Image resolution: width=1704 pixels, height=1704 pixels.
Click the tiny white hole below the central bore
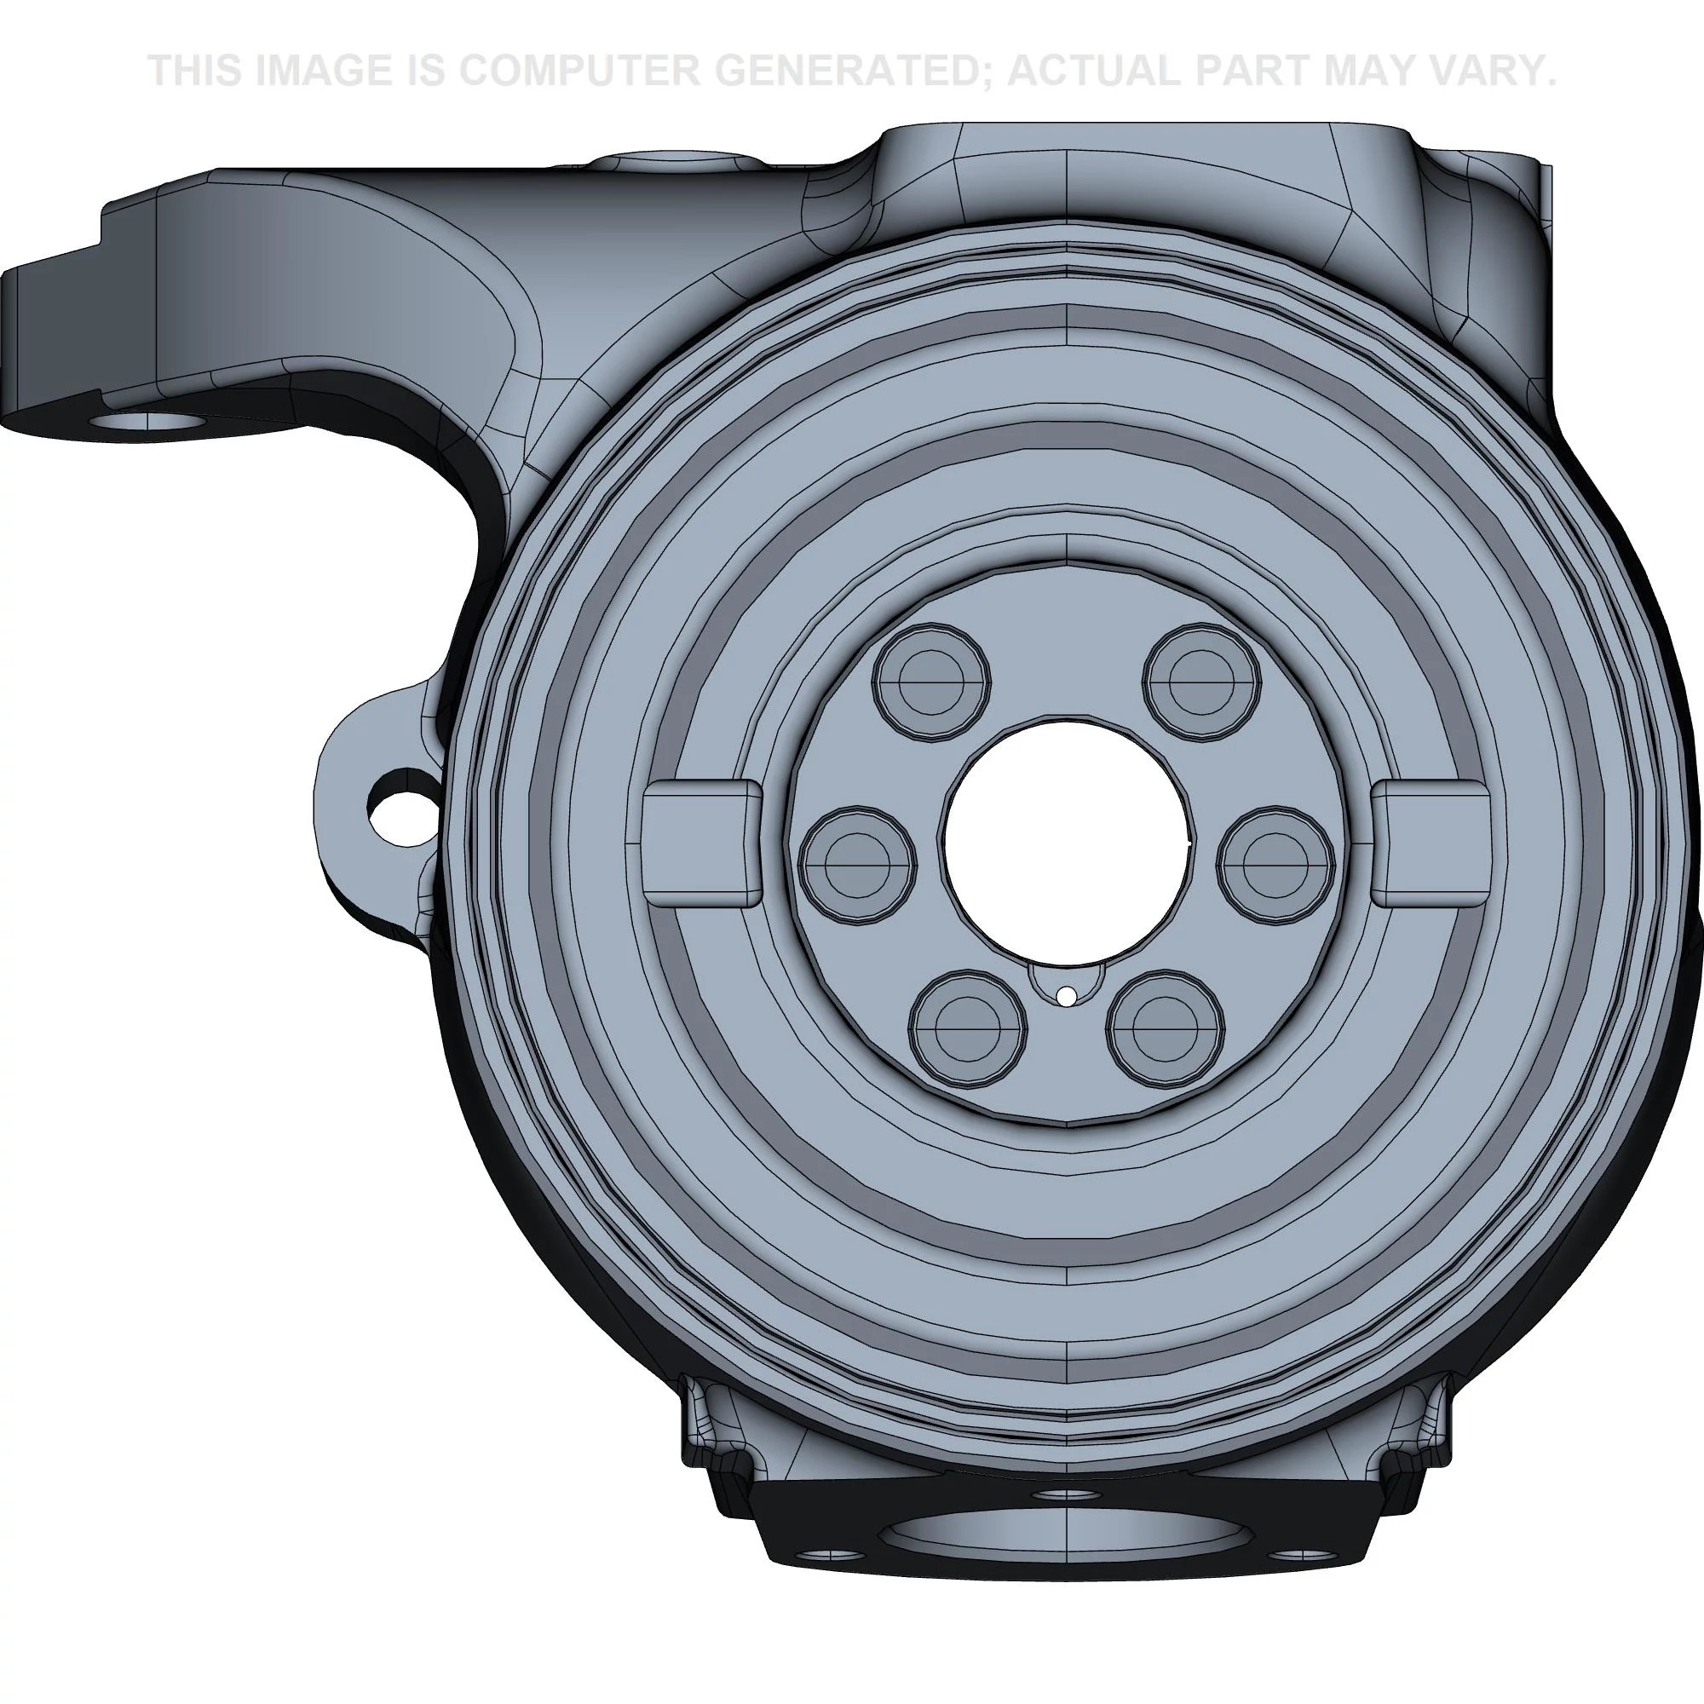pyautogui.click(x=1067, y=997)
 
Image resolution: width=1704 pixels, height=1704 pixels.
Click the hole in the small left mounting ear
pyautogui.click(x=401, y=807)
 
